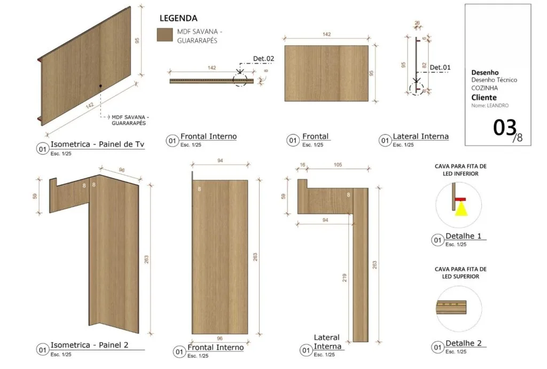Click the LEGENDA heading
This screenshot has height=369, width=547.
(x=178, y=18)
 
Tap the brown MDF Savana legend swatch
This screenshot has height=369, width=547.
(x=165, y=35)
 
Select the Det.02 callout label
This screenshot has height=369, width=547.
(x=263, y=59)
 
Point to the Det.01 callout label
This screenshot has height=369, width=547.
(x=440, y=67)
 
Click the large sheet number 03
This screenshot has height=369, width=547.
(x=504, y=127)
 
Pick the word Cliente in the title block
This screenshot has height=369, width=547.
(x=484, y=98)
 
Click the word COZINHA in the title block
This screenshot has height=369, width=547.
(x=485, y=88)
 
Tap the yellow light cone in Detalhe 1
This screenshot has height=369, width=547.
(x=461, y=209)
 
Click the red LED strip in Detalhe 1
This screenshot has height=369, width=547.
(x=460, y=200)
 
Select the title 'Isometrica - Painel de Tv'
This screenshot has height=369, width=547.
(x=97, y=144)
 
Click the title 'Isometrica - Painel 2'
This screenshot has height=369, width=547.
(x=89, y=345)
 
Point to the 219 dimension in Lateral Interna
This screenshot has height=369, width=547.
(x=345, y=278)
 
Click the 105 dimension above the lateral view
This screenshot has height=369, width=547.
(x=338, y=164)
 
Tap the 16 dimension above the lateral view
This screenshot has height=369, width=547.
(x=302, y=164)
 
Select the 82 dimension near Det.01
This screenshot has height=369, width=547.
(x=424, y=65)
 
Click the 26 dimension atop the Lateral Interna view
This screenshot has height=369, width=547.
(x=417, y=23)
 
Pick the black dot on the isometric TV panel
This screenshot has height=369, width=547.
(x=100, y=86)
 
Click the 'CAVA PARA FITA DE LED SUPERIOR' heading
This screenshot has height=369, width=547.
(x=460, y=273)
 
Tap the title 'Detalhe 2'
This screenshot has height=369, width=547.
(x=463, y=343)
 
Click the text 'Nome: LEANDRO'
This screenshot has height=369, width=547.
(x=490, y=105)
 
